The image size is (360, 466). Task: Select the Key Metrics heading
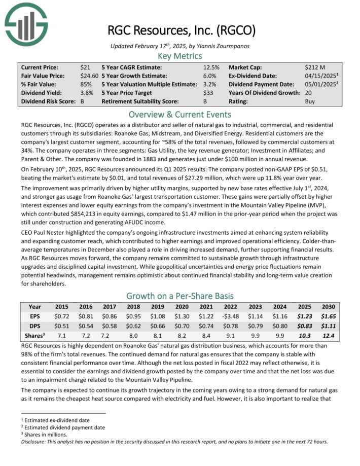point(181,56)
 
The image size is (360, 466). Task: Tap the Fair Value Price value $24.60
point(88,76)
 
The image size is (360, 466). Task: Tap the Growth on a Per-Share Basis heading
point(181,295)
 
